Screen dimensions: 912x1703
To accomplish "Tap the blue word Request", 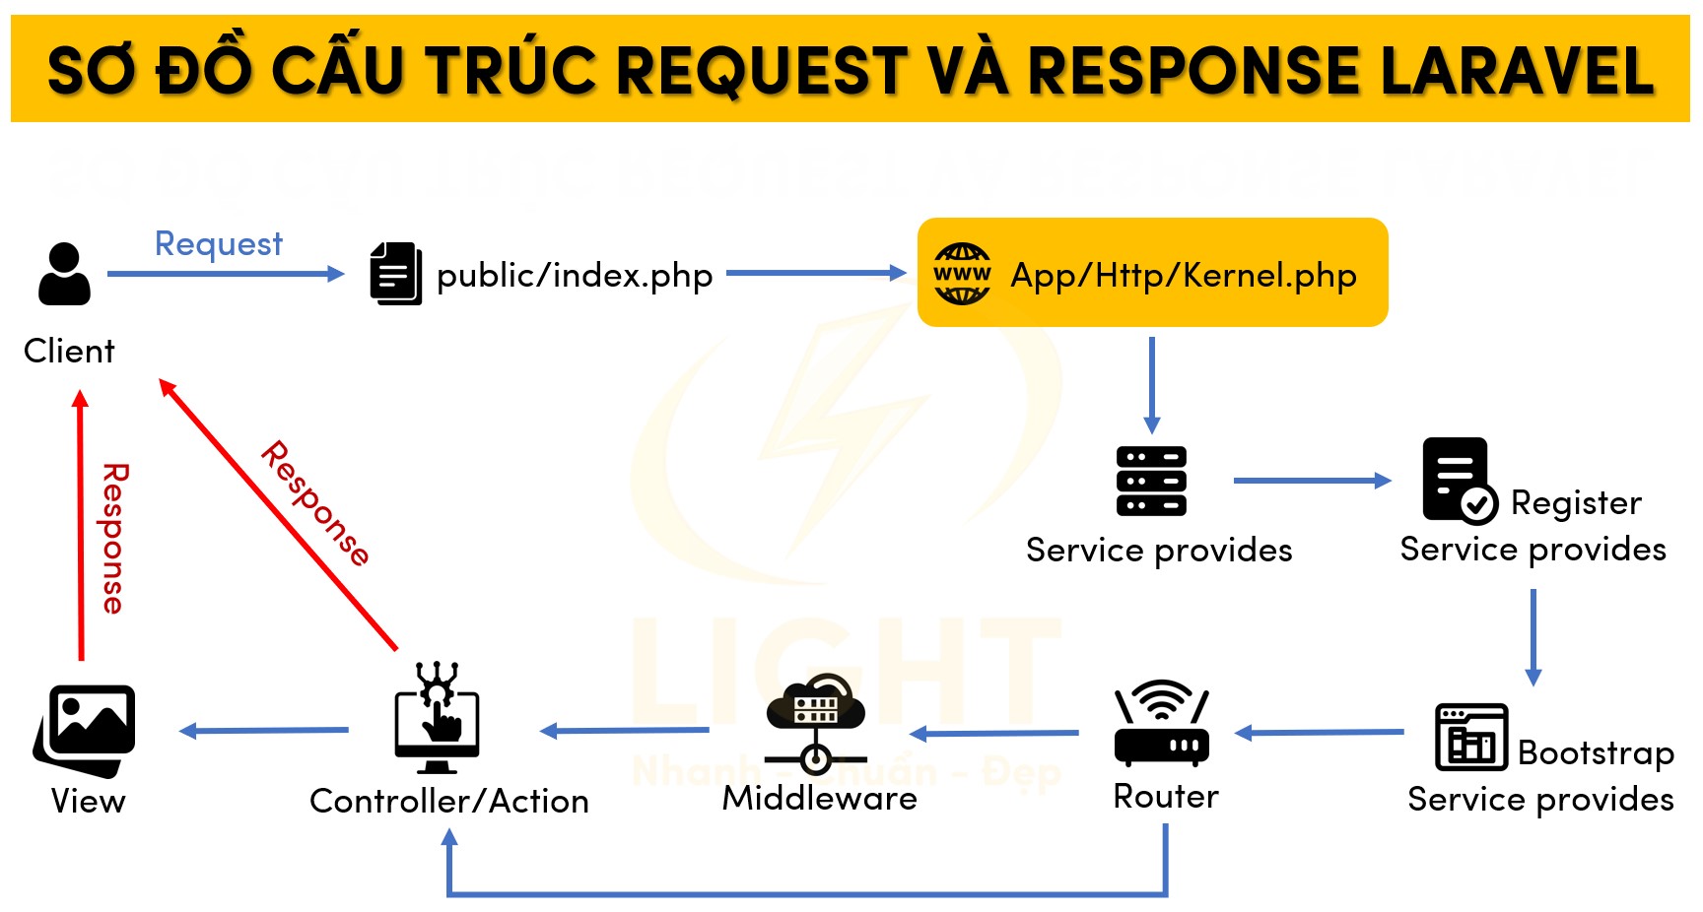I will click(x=219, y=243).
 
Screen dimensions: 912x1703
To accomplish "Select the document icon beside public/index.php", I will click(x=395, y=274).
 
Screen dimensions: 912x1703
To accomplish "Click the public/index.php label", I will click(x=574, y=276).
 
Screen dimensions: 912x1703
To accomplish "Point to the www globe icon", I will click(x=962, y=274).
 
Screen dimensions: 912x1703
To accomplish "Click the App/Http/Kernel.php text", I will click(x=1183, y=276).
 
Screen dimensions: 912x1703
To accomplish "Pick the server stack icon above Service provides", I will click(x=1151, y=481).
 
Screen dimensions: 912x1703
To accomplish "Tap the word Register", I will click(x=1576, y=503).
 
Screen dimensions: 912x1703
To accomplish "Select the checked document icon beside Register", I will click(x=1459, y=481).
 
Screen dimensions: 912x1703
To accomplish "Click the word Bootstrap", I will click(x=1596, y=753).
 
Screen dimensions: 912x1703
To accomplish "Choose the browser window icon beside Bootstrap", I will click(x=1471, y=737).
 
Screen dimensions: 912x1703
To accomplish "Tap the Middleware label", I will click(x=819, y=798).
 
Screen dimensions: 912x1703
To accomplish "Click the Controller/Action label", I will click(x=448, y=802).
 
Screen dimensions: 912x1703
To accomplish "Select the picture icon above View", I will click(x=86, y=729).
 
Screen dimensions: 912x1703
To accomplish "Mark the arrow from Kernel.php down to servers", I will click(x=1151, y=384).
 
